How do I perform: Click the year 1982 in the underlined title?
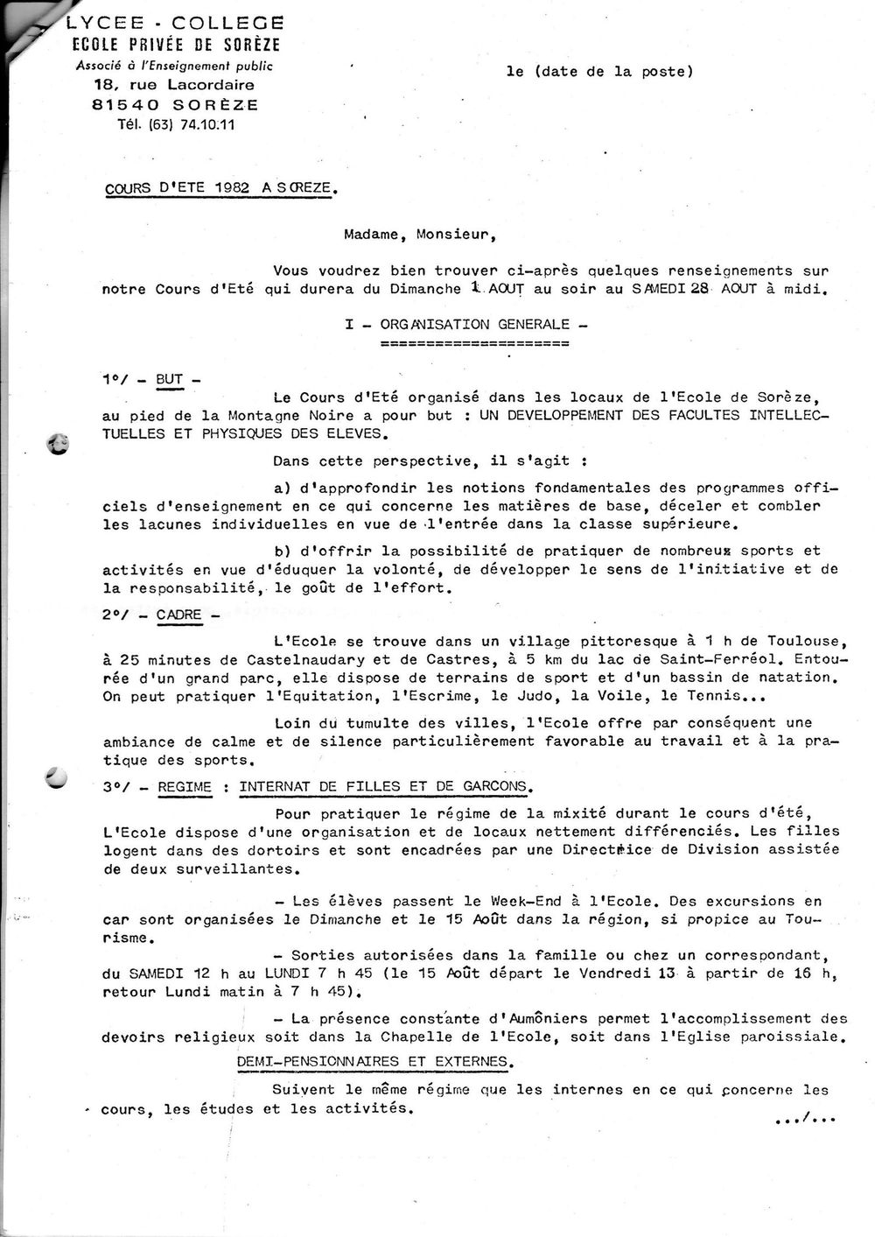coord(227,186)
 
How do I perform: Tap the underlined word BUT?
coord(170,379)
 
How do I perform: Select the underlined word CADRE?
coord(178,615)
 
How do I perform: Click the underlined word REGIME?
coord(185,786)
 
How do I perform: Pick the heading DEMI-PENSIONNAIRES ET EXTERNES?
coord(373,1061)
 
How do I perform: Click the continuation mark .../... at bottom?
coord(805,1117)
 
